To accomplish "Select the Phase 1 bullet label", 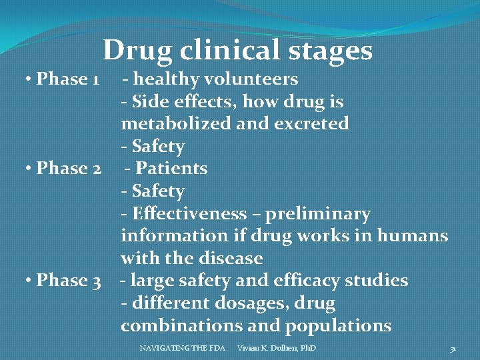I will click(67, 79).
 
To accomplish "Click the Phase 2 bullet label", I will click(69, 169).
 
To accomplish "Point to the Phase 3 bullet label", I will click(69, 281).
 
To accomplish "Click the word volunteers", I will click(253, 79).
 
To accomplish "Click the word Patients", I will click(171, 169).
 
